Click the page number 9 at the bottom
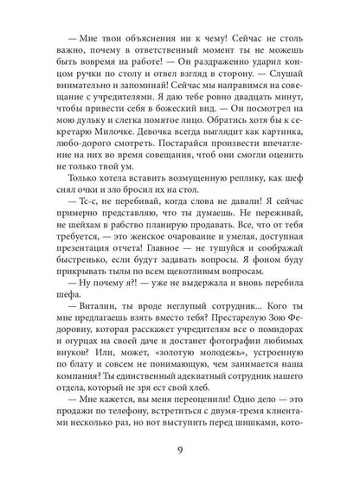coord(180,449)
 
